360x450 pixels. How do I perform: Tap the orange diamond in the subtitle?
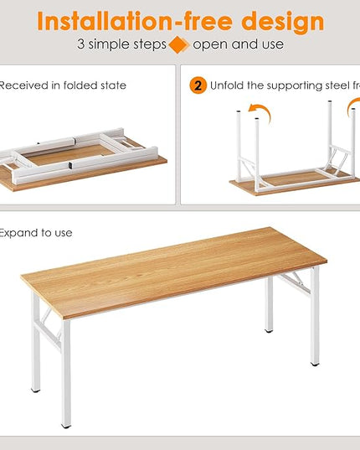tap(177, 44)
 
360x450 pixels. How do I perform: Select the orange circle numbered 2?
tap(198, 85)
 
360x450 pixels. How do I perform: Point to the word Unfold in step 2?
tap(229, 85)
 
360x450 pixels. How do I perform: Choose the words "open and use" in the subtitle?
tap(238, 44)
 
